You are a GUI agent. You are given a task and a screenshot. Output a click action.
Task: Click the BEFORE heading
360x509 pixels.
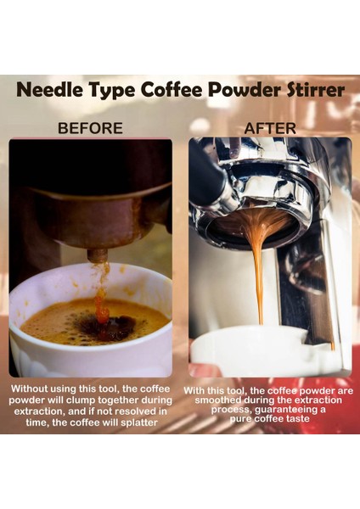coord(90,129)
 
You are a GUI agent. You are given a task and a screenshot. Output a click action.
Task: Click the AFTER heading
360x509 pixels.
coord(270,129)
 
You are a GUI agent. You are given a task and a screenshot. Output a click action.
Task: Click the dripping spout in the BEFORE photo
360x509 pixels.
coord(98,255)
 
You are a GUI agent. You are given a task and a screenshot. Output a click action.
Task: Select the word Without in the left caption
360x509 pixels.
coord(32,389)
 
